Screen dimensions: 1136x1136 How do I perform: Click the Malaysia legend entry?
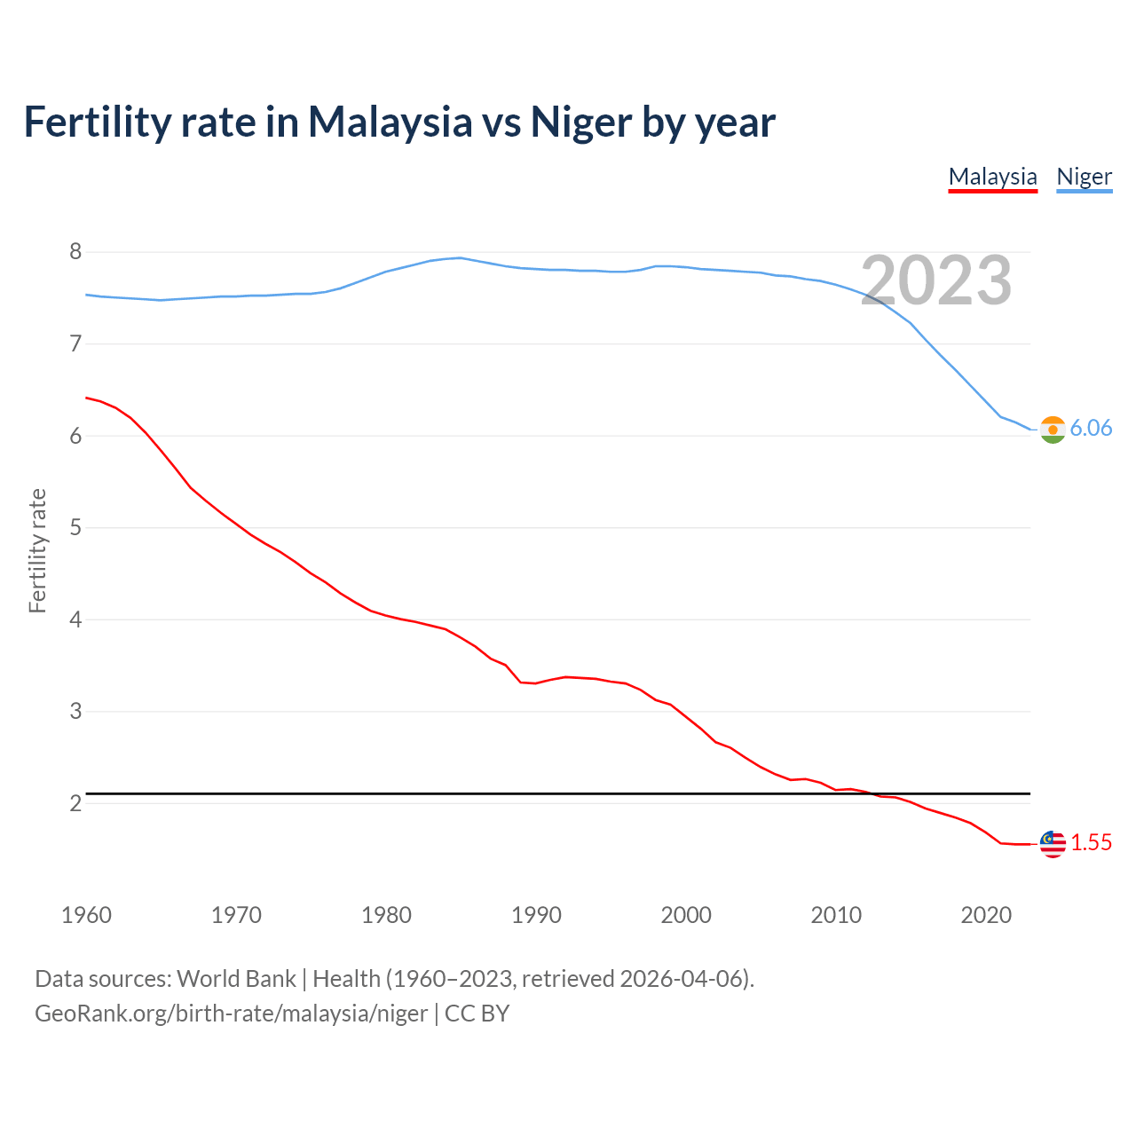992,177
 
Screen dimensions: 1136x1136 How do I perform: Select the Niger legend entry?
1084,177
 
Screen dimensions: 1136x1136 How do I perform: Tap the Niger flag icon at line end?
1053,430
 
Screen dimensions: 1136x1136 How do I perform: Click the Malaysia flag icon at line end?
1053,844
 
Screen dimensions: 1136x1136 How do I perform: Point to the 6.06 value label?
1091,429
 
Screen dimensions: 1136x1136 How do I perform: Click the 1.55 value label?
1091,843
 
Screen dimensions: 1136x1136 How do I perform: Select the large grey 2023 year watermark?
936,280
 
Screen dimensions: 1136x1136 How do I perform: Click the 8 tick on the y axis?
75,252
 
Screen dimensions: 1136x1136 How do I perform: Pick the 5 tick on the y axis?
75,528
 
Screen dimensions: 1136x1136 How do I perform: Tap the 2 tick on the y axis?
75,804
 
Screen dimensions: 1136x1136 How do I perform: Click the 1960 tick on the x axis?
86,915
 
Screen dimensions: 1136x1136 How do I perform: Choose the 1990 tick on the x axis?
536,915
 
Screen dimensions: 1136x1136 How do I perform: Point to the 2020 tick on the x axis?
986,915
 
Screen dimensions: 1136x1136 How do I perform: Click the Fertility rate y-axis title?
37,550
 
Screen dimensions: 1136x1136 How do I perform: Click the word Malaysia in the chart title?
390,122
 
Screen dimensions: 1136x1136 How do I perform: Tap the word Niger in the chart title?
581,122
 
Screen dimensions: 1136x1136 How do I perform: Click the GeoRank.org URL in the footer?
231,1014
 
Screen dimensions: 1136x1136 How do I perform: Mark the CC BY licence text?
477,1014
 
